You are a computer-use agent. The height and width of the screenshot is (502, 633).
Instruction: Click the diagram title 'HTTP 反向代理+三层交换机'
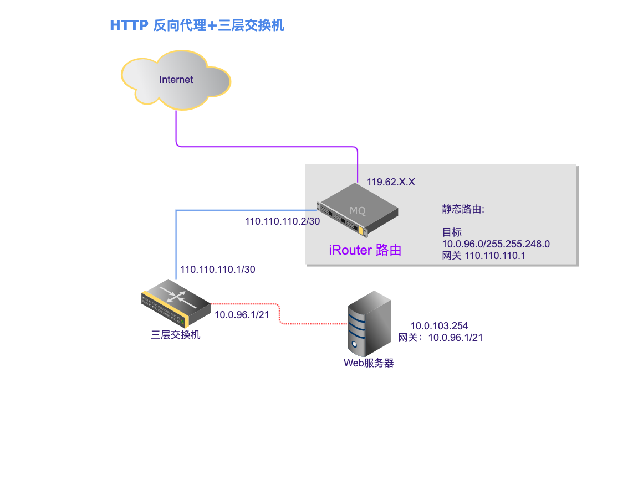(197, 25)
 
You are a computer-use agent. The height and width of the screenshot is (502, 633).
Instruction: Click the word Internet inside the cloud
(176, 80)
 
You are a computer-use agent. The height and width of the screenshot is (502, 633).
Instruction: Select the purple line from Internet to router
(266, 147)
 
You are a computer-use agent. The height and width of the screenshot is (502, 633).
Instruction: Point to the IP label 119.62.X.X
(390, 181)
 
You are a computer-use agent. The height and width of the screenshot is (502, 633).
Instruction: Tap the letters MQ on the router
(358, 211)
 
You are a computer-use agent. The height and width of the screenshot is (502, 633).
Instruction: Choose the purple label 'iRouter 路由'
(365, 250)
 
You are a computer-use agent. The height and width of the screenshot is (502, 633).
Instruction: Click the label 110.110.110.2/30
(282, 221)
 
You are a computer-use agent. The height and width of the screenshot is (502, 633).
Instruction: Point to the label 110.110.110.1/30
(218, 270)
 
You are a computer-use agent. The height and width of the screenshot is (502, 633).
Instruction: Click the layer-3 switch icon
(175, 306)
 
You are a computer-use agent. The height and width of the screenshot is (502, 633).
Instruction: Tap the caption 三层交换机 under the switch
(175, 334)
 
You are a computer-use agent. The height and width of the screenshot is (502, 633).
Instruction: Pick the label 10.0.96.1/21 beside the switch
(242, 315)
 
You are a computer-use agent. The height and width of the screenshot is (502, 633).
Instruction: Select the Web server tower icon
(368, 324)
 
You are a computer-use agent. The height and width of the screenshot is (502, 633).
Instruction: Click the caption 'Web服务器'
(369, 363)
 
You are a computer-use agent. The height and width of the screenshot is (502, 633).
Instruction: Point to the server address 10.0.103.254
(440, 326)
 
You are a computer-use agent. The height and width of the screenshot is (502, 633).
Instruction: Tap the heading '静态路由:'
(463, 209)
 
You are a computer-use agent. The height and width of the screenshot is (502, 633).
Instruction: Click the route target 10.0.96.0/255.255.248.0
(496, 244)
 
